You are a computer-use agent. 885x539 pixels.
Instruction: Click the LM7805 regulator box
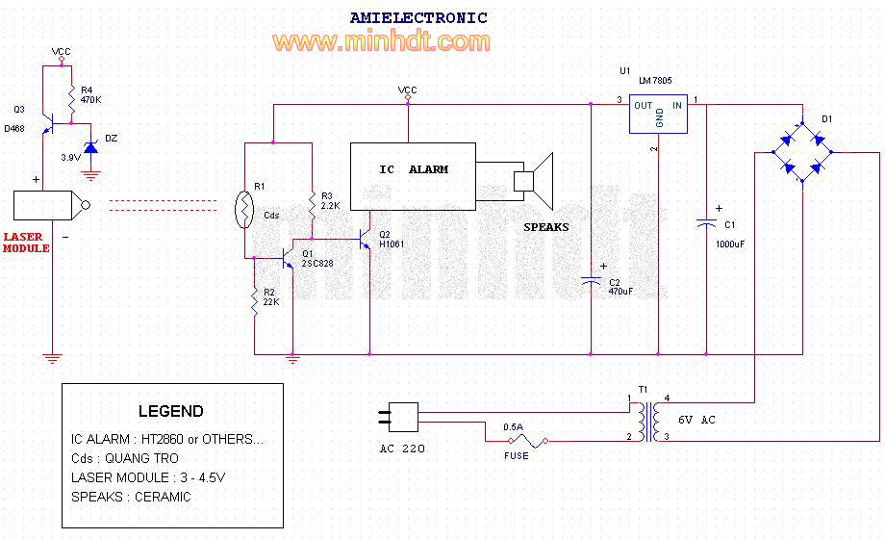pyautogui.click(x=658, y=115)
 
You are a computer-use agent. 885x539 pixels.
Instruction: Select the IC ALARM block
pyautogui.click(x=413, y=176)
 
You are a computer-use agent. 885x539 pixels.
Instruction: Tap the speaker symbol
pyautogui.click(x=533, y=181)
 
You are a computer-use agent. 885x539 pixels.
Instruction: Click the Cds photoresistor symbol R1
pyautogui.click(x=244, y=210)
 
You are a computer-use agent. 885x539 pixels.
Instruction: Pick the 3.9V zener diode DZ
pyautogui.click(x=90, y=148)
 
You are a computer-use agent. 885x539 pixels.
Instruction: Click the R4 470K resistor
pyautogui.click(x=72, y=99)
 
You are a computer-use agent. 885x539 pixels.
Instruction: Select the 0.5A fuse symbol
pyautogui.click(x=528, y=440)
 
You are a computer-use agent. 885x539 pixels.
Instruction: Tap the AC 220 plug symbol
pyautogui.click(x=398, y=417)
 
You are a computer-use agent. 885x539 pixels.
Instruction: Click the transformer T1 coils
pyautogui.click(x=648, y=422)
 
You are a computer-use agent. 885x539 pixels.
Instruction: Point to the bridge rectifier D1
pyautogui.click(x=802, y=152)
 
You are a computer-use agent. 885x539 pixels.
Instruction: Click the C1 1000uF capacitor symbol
pyautogui.click(x=706, y=224)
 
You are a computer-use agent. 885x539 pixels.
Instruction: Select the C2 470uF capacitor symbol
pyautogui.click(x=591, y=281)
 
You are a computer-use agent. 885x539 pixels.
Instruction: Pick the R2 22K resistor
pyautogui.click(x=255, y=300)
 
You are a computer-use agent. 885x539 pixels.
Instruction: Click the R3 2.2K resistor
pyautogui.click(x=312, y=205)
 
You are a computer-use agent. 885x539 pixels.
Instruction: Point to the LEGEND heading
pyautogui.click(x=171, y=411)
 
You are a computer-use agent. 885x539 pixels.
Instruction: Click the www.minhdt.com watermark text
pyautogui.click(x=381, y=41)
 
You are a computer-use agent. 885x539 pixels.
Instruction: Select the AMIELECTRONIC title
pyautogui.click(x=418, y=18)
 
